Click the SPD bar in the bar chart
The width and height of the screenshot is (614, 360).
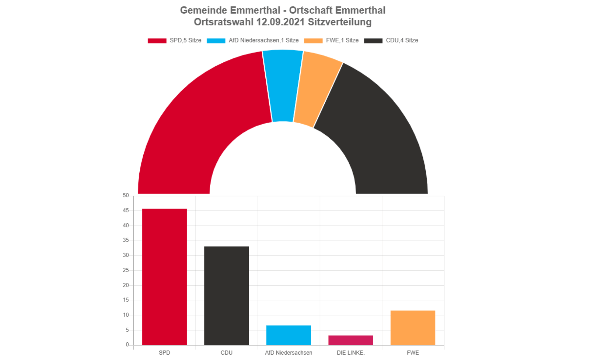pos(164,277)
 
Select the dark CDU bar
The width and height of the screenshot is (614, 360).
pos(226,295)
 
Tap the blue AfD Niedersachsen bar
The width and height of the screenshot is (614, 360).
pos(288,335)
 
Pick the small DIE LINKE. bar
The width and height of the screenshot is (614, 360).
pos(350,340)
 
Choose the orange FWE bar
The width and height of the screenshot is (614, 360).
pos(413,328)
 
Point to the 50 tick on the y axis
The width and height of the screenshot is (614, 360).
pos(126,196)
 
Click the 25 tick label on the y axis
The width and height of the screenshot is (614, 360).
pos(126,270)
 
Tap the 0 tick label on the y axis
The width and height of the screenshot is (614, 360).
pos(127,345)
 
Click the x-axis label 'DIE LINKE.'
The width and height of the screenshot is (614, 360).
pos(350,353)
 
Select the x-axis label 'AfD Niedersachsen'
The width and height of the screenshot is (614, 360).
pos(288,353)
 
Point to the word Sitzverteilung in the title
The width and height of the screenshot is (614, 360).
pos(340,22)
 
